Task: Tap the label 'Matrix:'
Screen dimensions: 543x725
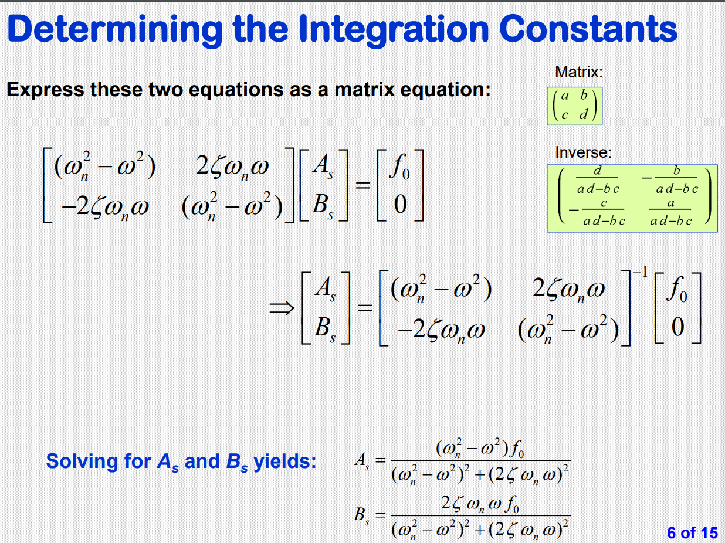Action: pos(578,73)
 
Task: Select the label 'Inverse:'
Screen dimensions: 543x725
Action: pos(583,153)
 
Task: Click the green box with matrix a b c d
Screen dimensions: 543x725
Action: pos(574,106)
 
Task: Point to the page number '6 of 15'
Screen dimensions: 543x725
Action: pos(692,532)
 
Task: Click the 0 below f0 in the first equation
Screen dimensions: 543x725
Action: pos(401,205)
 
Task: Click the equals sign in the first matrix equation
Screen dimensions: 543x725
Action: pos(365,186)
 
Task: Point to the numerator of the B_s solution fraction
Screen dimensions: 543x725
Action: pos(480,503)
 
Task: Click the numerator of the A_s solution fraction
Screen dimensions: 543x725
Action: pos(480,450)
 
